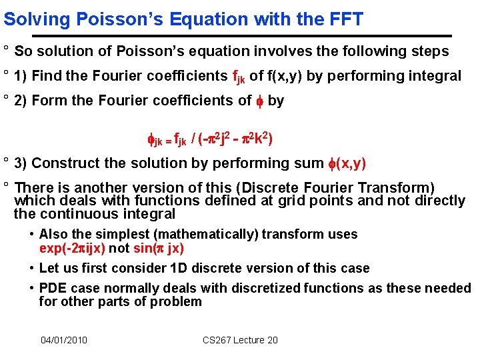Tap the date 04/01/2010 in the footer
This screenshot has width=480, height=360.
click(64, 340)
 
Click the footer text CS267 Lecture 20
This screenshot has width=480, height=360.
click(240, 340)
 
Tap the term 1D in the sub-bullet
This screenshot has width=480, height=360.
click(179, 268)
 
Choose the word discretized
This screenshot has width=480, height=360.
click(265, 288)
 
